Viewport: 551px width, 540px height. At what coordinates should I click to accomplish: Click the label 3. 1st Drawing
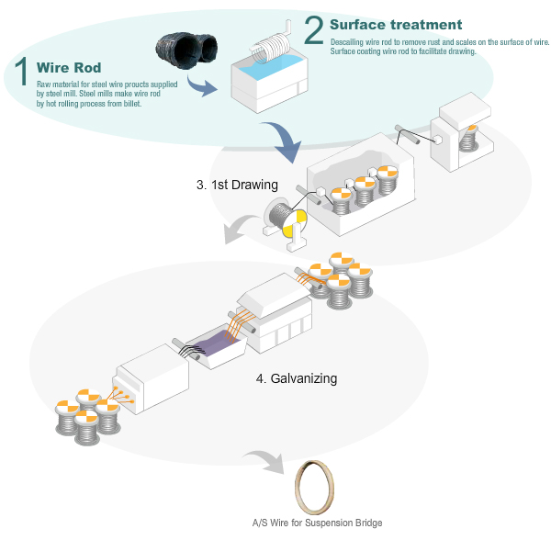point(237,185)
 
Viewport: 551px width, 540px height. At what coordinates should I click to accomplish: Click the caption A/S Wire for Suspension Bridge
point(317,523)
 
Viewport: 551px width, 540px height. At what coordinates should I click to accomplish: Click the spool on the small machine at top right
point(469,140)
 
